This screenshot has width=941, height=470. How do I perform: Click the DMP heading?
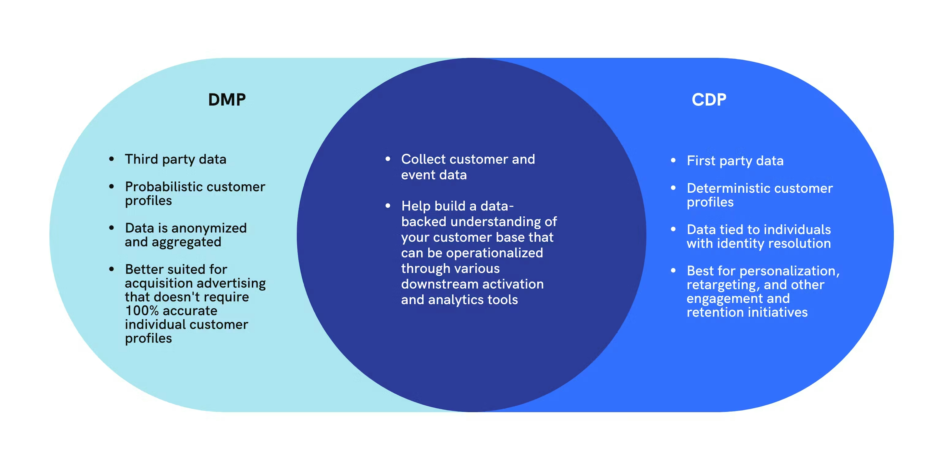coord(227,100)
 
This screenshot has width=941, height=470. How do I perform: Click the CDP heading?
coord(709,100)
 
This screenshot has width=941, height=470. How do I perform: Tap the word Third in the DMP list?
coord(141,159)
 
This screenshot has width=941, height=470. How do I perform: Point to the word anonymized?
coord(209,228)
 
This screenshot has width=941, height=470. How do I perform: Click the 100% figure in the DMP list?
coord(142,311)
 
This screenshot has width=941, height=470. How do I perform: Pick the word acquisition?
coord(159,283)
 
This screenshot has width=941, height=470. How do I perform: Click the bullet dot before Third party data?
coord(111,159)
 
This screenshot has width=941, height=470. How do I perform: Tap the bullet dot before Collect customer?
coord(388,159)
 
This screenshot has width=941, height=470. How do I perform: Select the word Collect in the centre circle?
coord(423,159)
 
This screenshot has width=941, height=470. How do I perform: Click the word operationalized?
coord(494,253)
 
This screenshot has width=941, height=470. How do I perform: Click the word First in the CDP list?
coord(701,161)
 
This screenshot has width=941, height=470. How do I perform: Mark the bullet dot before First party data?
coord(673,160)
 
